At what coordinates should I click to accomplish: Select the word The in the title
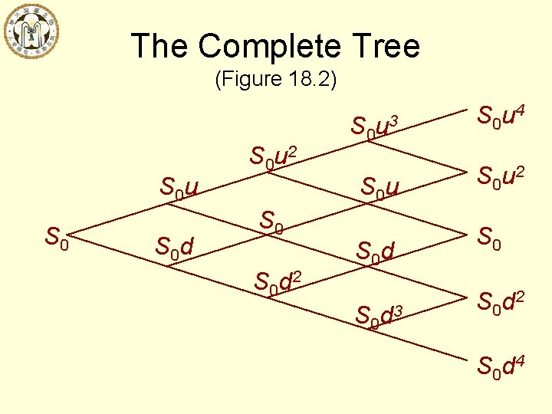[x=159, y=46]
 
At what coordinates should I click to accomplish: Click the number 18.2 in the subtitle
[x=308, y=79]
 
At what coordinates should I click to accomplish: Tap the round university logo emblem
[x=31, y=31]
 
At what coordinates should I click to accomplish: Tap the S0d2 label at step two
[x=278, y=282]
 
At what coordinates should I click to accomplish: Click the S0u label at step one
[x=179, y=186]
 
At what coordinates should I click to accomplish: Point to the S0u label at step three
[x=380, y=186]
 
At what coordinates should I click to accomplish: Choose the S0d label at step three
[x=376, y=250]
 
